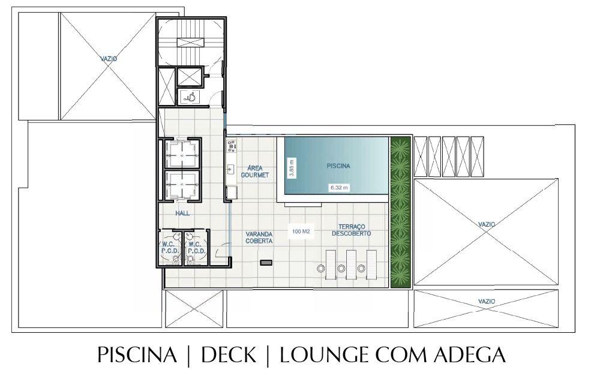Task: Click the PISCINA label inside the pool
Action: pos(338,166)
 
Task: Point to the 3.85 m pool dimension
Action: pos(292,166)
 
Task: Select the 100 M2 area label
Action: pos(301,231)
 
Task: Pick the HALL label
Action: pos(182,213)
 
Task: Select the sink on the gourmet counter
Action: pos(230,169)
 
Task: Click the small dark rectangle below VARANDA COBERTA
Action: pos(266,263)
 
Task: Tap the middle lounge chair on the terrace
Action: pos(351,264)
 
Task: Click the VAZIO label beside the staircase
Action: pos(108,59)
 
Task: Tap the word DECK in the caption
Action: pos(229,356)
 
